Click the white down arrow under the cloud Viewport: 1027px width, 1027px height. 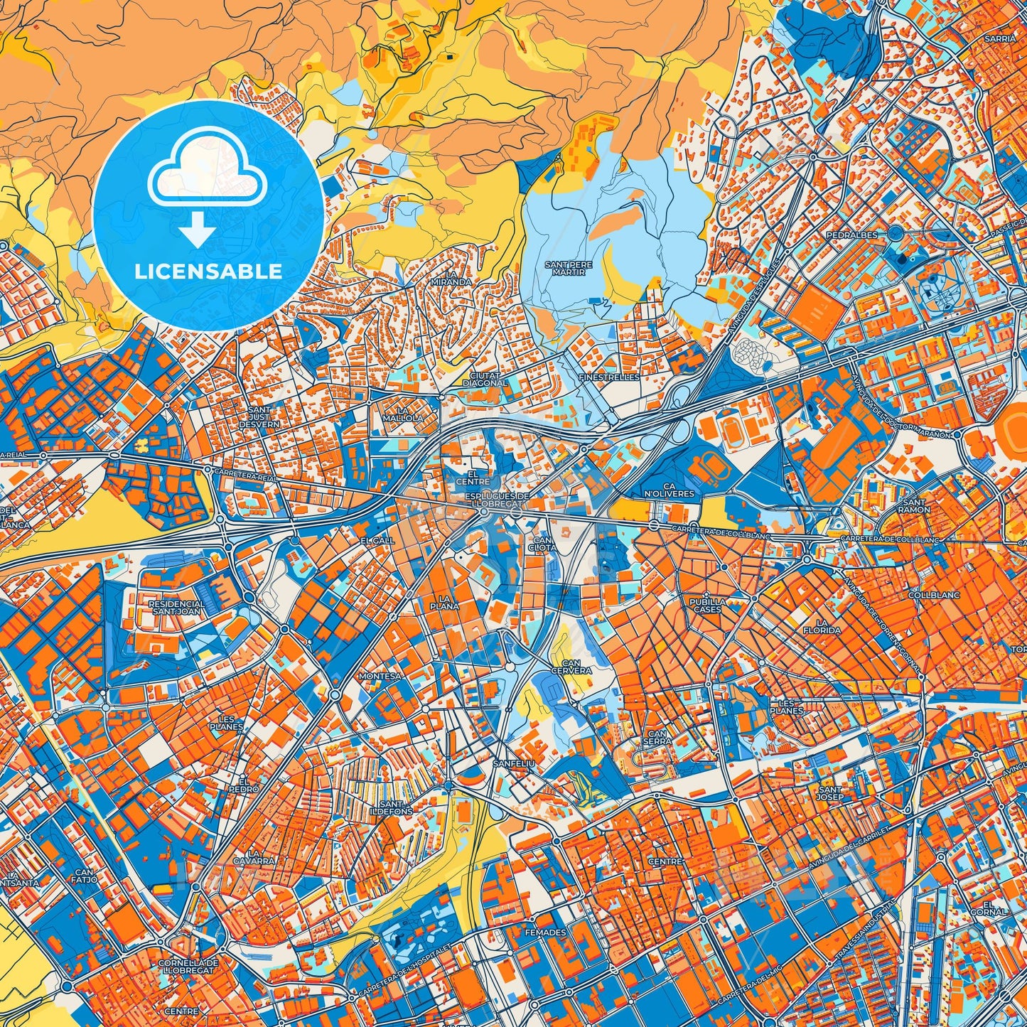tap(198, 232)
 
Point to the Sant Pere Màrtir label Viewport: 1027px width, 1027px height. tap(568, 268)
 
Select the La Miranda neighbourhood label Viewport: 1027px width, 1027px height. tap(451, 278)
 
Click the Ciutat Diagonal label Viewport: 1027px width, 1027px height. tap(485, 379)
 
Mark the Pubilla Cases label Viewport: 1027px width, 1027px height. tap(707, 606)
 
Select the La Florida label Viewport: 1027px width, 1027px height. tap(822, 625)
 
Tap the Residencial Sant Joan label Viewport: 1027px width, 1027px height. tap(176, 608)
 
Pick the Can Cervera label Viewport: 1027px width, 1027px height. tap(571, 667)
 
